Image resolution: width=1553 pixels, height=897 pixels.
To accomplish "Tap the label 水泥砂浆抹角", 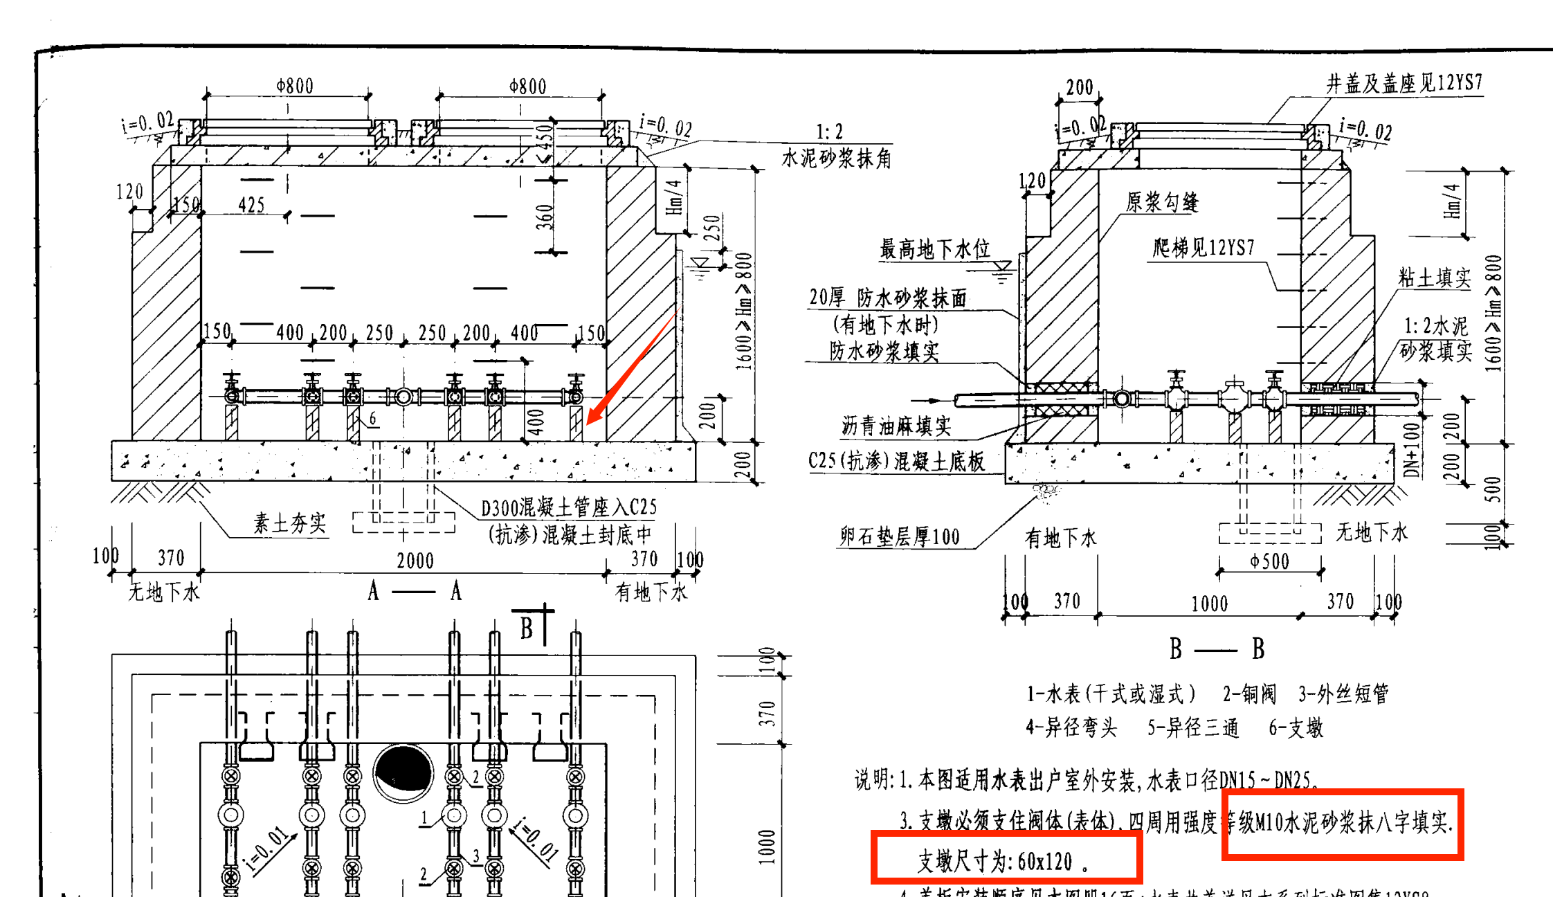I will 836,159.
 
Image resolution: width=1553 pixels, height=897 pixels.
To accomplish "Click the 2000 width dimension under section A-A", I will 415,561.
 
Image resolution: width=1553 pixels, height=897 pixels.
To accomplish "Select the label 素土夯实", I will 289,523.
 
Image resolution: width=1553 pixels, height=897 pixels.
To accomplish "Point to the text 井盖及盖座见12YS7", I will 1404,84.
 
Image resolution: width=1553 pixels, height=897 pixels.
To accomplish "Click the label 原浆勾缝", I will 1162,202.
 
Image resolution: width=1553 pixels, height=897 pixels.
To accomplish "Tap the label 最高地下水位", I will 934,249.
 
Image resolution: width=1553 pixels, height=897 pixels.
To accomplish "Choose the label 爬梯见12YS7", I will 1204,248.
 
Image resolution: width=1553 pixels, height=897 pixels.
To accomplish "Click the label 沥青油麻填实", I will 896,426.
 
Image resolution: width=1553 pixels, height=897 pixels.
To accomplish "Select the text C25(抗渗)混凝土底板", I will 896,461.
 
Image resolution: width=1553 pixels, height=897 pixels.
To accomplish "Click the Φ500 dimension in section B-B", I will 1270,561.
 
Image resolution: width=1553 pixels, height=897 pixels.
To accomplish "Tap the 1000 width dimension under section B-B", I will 1209,604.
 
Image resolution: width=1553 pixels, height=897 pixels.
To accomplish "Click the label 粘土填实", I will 1434,278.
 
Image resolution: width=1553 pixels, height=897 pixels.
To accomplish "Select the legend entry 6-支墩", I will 1296,727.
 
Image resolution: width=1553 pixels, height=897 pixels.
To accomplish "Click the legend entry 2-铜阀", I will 1249,694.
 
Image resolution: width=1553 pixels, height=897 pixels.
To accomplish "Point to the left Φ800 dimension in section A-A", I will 295,86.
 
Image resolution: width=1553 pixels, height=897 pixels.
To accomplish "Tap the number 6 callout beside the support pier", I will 373,418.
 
